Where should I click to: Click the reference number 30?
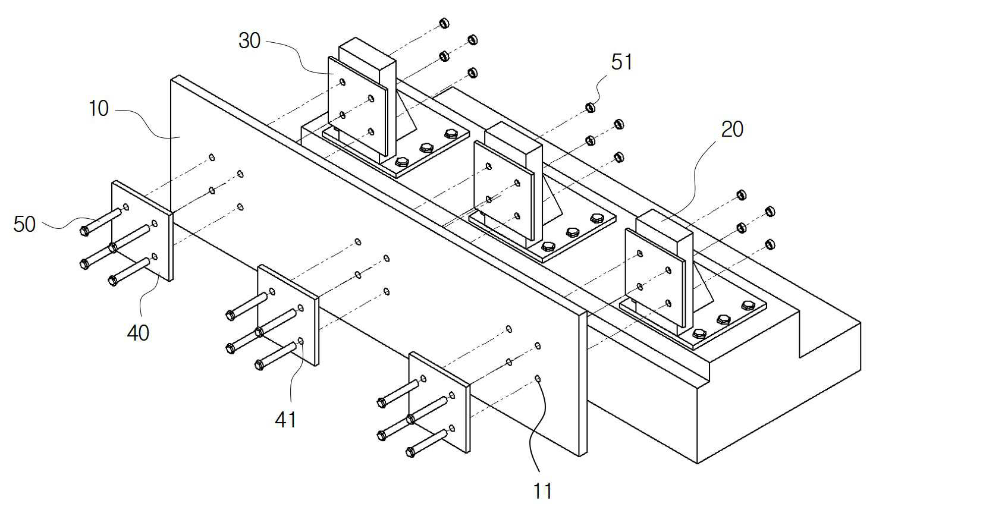click(x=250, y=41)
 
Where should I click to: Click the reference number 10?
click(x=99, y=108)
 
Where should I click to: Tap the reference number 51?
click(x=621, y=62)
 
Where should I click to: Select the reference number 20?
click(x=732, y=130)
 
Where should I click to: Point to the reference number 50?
click(x=24, y=224)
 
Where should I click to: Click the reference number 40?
click(x=138, y=333)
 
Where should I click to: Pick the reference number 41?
click(x=285, y=420)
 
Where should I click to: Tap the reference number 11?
click(x=542, y=491)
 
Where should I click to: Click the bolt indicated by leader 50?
click(x=101, y=222)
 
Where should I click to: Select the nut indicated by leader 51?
click(x=591, y=108)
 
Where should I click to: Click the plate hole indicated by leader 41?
click(x=301, y=341)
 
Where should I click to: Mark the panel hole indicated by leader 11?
click(x=538, y=379)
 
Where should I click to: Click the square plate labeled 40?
click(x=142, y=231)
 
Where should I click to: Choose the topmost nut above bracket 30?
click(x=444, y=23)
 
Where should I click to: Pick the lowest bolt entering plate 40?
click(x=128, y=272)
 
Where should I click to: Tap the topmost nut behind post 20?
click(x=741, y=195)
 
